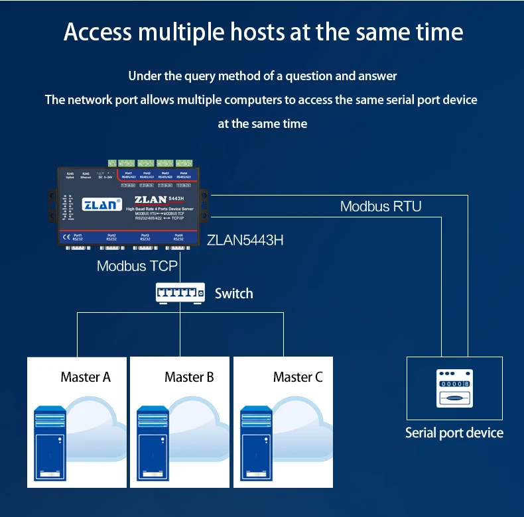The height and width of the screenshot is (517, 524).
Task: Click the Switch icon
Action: [179, 292]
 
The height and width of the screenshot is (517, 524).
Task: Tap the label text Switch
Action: [233, 293]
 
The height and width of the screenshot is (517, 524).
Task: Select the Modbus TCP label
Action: [137, 266]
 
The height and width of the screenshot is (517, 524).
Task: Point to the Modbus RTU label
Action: [381, 206]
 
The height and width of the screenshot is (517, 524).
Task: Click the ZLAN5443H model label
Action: [245, 240]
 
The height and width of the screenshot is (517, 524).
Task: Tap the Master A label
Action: [86, 377]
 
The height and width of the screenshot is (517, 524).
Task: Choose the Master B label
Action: [189, 377]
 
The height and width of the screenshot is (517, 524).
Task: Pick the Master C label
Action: [298, 377]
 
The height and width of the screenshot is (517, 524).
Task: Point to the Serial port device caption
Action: [454, 433]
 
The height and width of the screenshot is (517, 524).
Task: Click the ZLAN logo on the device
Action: [99, 204]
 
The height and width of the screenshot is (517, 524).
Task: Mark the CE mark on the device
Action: [65, 236]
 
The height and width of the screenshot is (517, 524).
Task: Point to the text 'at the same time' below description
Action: [263, 124]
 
